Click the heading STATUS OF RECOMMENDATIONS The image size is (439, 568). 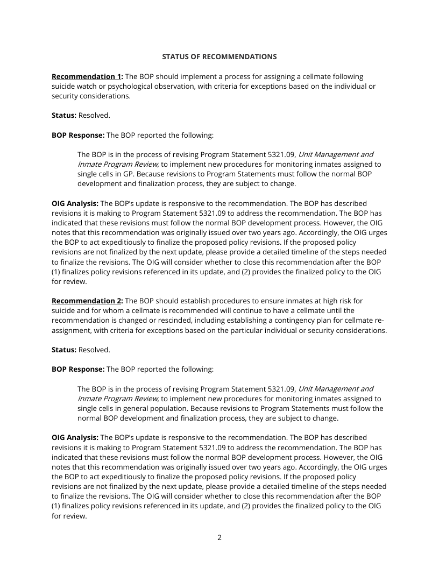[x=219, y=56]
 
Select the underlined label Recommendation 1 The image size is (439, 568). [x=87, y=77]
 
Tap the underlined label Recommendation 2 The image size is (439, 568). [x=87, y=301]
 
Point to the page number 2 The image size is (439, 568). [x=219, y=537]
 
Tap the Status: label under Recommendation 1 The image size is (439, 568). [x=64, y=116]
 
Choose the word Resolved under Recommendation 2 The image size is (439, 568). [x=94, y=350]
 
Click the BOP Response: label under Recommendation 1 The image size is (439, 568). [x=78, y=135]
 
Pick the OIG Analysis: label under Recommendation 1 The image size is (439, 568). [x=75, y=204]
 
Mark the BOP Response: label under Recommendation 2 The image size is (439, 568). [x=78, y=370]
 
